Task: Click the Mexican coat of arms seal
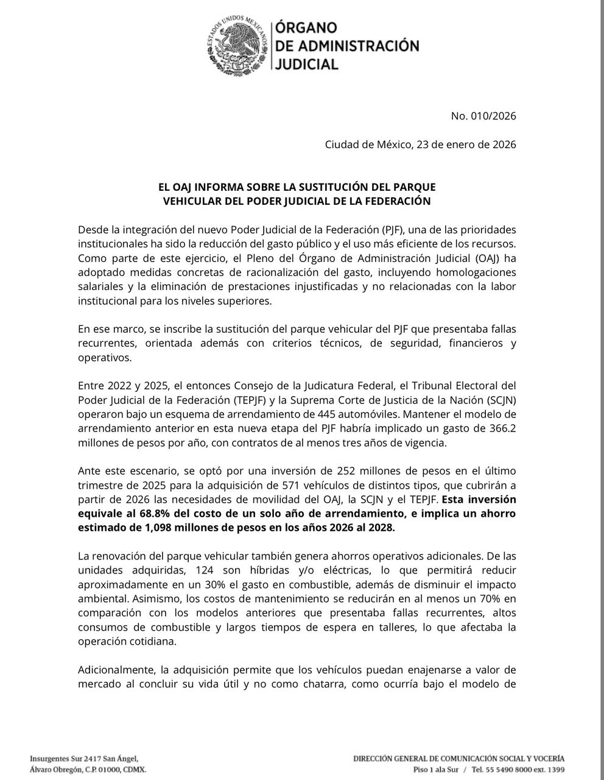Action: pos(237,45)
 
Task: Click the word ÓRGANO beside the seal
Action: pos(306,28)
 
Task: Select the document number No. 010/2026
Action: pos(483,116)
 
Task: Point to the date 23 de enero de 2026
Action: pos(466,144)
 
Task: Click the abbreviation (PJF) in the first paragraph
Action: pos(393,230)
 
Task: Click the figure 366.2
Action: pos(502,428)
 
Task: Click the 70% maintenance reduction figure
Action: pos(471,598)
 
